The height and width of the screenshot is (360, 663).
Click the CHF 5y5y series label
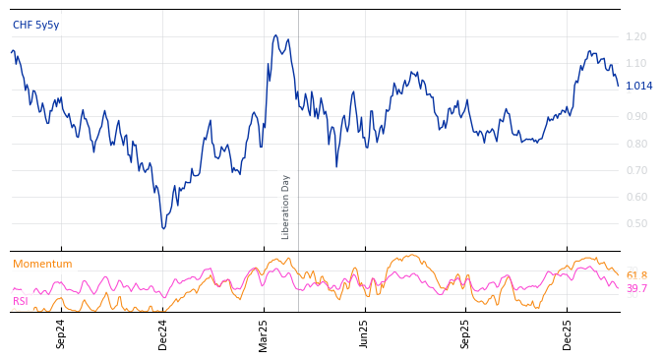(35, 25)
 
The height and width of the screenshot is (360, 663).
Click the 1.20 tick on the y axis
(635, 36)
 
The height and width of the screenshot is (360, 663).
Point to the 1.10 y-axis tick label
(635, 63)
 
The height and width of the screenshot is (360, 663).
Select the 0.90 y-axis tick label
(635, 116)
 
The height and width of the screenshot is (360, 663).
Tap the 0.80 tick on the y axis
(635, 144)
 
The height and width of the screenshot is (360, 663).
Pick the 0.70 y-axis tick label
(635, 170)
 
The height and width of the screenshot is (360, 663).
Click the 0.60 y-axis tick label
(635, 197)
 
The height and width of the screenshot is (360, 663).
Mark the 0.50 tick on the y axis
(635, 223)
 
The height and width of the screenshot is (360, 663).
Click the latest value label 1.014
(638, 86)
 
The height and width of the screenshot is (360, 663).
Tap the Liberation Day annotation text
(286, 207)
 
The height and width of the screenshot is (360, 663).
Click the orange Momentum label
(42, 264)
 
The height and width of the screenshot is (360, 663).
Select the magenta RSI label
(21, 301)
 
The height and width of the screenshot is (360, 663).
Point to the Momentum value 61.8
(636, 276)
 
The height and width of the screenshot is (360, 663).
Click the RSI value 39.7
(636, 288)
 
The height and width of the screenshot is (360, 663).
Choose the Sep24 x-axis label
(61, 333)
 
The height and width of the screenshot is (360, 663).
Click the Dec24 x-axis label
(163, 333)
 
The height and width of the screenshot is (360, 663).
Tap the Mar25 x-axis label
(264, 333)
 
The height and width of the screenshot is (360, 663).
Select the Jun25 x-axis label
(364, 333)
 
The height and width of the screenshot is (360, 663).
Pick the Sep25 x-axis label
(465, 333)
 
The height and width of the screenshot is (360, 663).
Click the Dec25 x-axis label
(567, 333)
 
